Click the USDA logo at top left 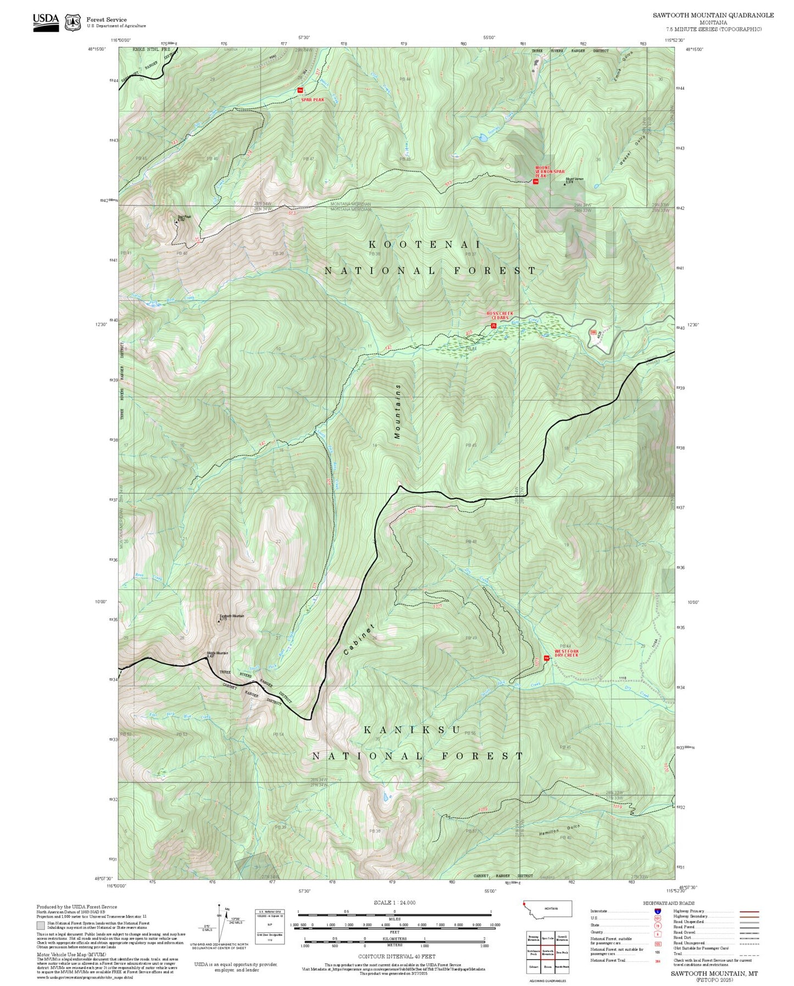46,22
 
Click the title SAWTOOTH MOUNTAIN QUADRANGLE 713,15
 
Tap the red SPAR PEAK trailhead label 312,100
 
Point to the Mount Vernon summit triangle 564,184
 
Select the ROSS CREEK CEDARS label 500,315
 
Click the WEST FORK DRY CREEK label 566,653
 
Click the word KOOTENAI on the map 424,245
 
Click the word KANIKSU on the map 412,730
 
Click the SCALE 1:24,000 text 394,902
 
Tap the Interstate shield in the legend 658,911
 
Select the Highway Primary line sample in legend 749,911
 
